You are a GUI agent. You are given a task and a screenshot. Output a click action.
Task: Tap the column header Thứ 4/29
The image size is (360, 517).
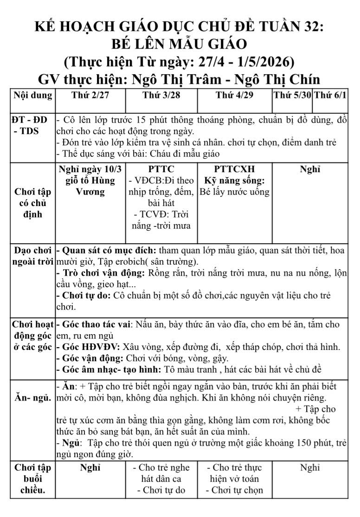(234, 96)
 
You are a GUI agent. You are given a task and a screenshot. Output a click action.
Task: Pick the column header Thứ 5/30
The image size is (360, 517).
(292, 96)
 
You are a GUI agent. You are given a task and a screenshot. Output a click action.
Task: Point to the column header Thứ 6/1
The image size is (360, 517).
(329, 96)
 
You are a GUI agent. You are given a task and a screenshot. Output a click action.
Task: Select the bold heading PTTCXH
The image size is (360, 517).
(234, 169)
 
